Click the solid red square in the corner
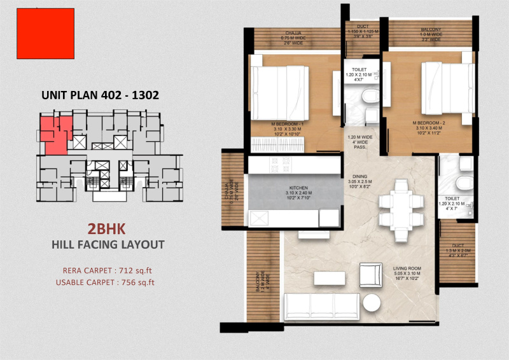[x=45, y=34]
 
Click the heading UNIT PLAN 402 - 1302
[x=100, y=95]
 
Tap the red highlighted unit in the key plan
[x=52, y=134]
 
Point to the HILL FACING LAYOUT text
[x=108, y=244]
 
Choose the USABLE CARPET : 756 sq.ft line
[x=105, y=282]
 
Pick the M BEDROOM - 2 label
[x=429, y=122]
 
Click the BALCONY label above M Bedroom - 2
[x=431, y=30]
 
